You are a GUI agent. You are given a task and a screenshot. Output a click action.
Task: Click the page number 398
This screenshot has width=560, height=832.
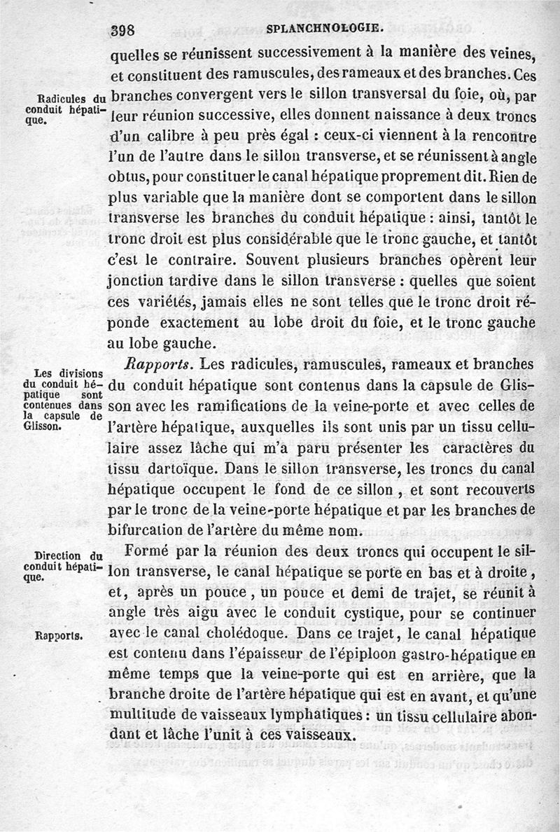(x=127, y=29)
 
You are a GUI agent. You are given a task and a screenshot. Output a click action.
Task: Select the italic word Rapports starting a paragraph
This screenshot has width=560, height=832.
(x=158, y=364)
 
